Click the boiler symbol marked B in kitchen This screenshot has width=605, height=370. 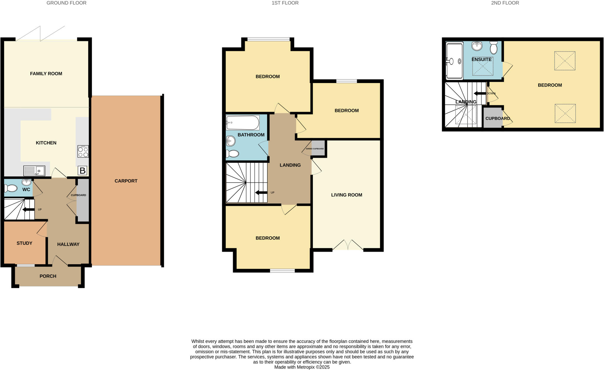click(x=82, y=171)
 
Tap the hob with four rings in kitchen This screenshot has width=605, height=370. click(x=83, y=152)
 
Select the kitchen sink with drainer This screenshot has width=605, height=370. click(x=34, y=171)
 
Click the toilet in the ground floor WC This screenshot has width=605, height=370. click(x=11, y=188)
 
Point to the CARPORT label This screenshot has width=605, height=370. click(x=126, y=181)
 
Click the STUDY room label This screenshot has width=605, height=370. click(x=25, y=243)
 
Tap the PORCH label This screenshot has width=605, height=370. click(x=48, y=276)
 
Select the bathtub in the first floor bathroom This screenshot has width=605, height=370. click(x=243, y=123)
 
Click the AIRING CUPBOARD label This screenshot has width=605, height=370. click(x=315, y=149)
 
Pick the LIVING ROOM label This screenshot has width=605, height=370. click(x=347, y=195)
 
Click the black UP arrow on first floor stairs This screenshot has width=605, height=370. click(x=261, y=193)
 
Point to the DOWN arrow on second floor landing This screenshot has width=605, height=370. click(x=480, y=93)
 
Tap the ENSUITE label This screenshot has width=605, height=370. click(x=482, y=59)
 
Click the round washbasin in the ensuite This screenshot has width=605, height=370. click(x=477, y=46)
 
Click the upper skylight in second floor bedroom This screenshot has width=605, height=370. click(x=565, y=61)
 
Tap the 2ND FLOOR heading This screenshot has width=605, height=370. click(x=505, y=3)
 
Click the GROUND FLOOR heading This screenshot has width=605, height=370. click(x=66, y=3)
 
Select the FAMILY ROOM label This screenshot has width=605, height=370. click(x=46, y=74)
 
